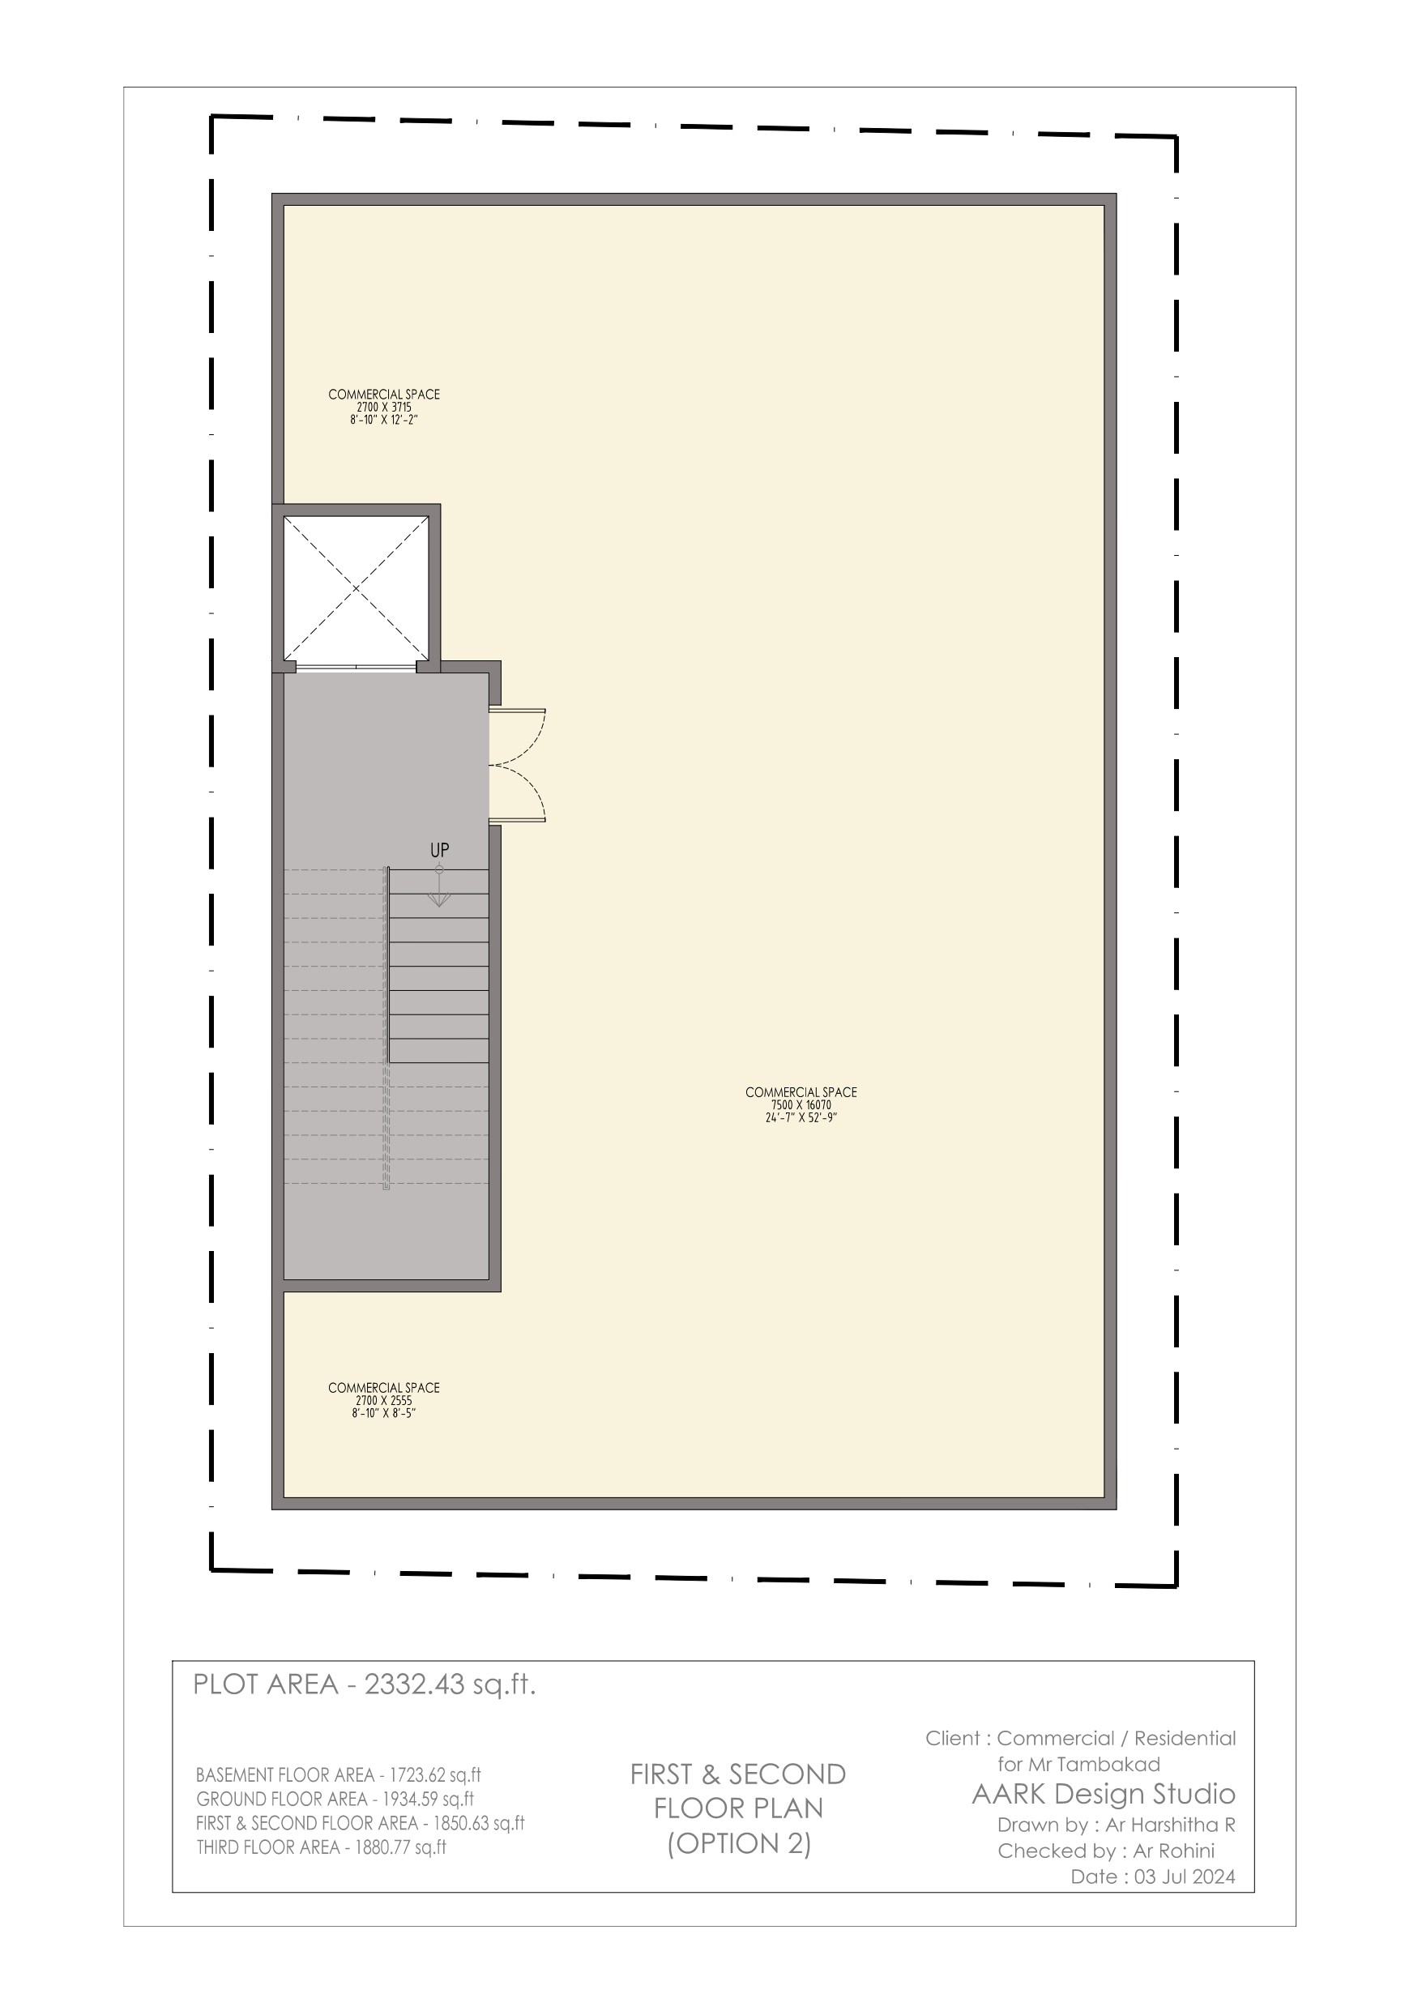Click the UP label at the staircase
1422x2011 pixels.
pyautogui.click(x=439, y=850)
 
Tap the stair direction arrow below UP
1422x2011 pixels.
pyautogui.click(x=439, y=886)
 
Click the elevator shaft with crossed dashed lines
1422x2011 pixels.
pyautogui.click(x=356, y=587)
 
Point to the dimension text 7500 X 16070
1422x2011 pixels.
pyautogui.click(x=801, y=1105)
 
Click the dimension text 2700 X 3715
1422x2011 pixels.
pyautogui.click(x=384, y=408)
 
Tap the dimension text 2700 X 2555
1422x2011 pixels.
pyautogui.click(x=384, y=1401)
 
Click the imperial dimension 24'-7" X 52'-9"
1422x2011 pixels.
pyautogui.click(x=801, y=1117)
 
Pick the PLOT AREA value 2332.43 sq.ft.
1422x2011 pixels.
pyautogui.click(x=450, y=1684)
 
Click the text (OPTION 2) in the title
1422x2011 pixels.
pyautogui.click(x=739, y=1844)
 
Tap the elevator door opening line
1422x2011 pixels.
pyautogui.click(x=356, y=668)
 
